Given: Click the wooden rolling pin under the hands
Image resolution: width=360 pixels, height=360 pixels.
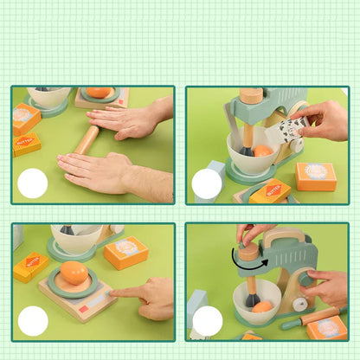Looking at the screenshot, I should click(x=87, y=139).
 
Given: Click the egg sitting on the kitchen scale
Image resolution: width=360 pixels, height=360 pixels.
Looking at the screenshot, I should click(x=74, y=273).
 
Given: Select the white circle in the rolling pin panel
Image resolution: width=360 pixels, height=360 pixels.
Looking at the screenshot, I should click(x=33, y=183).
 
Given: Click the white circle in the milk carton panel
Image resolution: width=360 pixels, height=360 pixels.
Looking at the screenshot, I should click(x=207, y=183).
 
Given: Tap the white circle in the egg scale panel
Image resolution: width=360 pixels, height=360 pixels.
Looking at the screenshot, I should click(x=33, y=321).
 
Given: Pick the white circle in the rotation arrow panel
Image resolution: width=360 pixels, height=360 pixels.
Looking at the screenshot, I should click(x=207, y=321).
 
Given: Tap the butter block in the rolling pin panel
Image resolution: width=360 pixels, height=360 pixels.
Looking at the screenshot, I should click(x=26, y=144).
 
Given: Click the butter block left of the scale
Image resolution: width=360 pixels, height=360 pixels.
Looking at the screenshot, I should click(x=30, y=267).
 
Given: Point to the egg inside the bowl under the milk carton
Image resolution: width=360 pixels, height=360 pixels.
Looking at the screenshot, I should click(x=263, y=151).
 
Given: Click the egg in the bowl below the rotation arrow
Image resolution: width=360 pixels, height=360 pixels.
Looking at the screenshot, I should click(x=261, y=306).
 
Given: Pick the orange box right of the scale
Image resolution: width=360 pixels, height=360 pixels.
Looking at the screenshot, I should click(x=126, y=253).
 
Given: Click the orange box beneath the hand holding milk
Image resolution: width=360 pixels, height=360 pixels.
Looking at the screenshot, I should click(x=315, y=176).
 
